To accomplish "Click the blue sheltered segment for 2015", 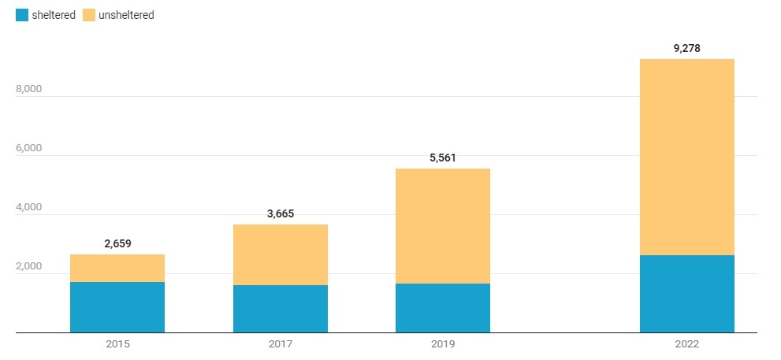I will [117, 307].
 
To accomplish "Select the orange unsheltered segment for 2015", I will [117, 268].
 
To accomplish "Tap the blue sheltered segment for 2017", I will [281, 309].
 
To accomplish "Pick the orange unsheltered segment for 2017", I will [281, 254].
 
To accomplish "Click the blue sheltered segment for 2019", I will [443, 308].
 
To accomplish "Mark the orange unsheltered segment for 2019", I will [443, 226].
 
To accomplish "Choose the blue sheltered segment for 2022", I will [687, 294].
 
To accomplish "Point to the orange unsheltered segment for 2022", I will [687, 157].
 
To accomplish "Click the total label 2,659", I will [117, 243].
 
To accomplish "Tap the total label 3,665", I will [281, 213].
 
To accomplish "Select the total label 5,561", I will [443, 158].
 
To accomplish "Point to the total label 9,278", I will [687, 48].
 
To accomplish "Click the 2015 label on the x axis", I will [117, 344].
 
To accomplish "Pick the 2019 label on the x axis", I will [443, 344].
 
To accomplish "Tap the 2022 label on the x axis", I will [687, 344].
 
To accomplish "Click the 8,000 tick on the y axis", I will [28, 89].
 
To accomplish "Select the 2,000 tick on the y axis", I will [28, 266].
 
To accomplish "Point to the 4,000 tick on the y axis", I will [28, 207].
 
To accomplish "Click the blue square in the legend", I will [21, 15].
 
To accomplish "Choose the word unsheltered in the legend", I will [125, 15].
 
